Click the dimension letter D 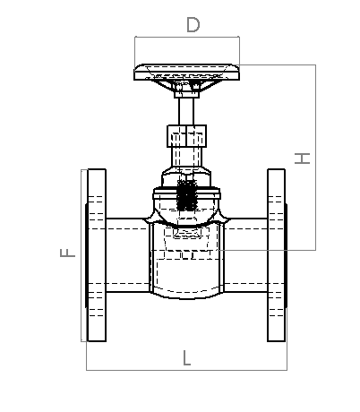pos(193,25)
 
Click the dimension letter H pos(302,159)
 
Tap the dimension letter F pos(68,253)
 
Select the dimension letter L pos(186,358)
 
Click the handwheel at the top pos(186,72)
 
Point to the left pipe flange pos(97,255)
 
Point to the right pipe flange pos(277,255)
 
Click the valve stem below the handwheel pos(186,111)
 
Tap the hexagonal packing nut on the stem pos(186,136)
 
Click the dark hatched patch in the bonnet pos(186,195)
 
